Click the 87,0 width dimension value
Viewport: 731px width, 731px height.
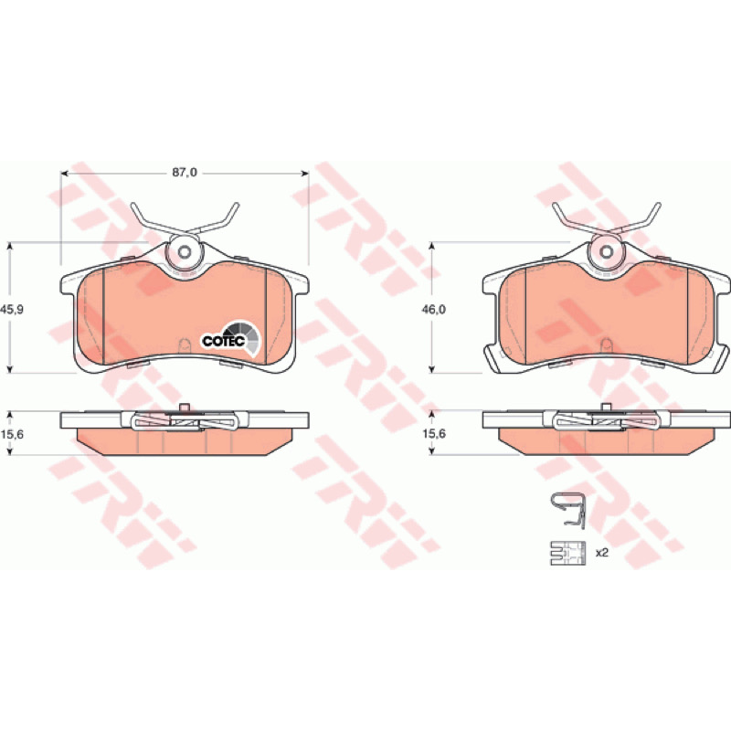coord(185,173)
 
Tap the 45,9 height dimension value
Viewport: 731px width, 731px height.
coord(13,309)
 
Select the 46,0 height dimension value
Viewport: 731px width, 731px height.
coord(433,309)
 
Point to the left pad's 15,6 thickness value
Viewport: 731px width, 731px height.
coord(13,434)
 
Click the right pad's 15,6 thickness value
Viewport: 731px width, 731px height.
coord(434,433)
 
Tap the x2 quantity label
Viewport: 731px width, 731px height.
coord(602,553)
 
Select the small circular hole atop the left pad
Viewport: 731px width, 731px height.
coord(185,252)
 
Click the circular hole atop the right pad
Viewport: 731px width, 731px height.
coord(606,252)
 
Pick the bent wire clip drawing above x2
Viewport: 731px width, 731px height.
coord(567,510)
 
